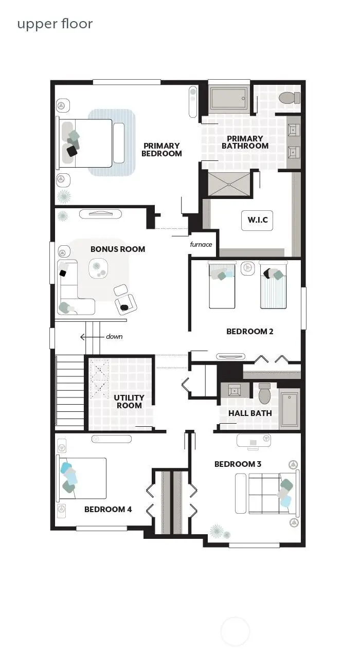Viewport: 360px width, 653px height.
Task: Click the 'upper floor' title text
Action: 55,24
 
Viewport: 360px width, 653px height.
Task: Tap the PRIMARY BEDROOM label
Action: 162,150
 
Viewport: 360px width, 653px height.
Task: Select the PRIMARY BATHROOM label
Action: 245,142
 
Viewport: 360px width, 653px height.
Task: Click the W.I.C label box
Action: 257,221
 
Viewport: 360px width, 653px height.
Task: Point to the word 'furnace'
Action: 201,244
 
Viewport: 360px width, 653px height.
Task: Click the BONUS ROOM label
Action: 118,249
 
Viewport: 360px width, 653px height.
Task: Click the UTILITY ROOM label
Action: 129,402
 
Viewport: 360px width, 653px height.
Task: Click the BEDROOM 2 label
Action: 249,331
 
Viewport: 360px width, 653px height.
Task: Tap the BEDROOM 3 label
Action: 238,464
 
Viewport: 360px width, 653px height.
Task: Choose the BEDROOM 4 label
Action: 108,509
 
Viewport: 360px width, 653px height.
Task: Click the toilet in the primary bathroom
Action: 289,97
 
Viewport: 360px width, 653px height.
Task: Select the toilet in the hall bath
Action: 265,394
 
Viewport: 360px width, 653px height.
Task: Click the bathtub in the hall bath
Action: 290,410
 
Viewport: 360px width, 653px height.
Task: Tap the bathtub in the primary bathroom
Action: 229,98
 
